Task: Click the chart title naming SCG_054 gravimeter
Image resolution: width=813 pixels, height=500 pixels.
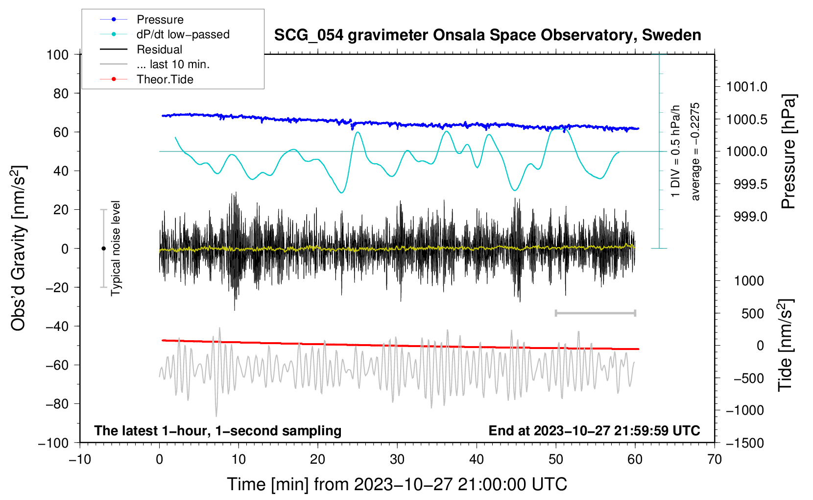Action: [487, 35]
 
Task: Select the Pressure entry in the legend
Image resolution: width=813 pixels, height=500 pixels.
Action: [142, 19]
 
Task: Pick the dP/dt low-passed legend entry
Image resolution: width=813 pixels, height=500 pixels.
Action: [165, 34]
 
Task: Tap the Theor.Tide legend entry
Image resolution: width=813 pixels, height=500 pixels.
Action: [146, 79]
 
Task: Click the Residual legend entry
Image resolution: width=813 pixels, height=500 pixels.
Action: [141, 50]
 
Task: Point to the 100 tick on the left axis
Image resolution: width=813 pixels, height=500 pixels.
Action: [58, 55]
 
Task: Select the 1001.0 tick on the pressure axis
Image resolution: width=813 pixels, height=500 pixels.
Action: [747, 87]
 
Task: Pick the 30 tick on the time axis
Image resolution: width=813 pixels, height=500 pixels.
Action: [397, 459]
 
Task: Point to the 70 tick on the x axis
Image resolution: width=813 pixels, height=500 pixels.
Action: [714, 459]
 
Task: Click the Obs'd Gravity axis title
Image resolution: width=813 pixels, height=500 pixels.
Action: [18, 248]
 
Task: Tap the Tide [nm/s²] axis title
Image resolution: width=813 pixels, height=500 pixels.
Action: [786, 345]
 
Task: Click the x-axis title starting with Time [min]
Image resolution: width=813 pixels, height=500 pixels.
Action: [397, 484]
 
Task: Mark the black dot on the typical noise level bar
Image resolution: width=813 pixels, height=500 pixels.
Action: [103, 249]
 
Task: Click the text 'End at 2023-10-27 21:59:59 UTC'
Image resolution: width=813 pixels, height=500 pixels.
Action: [594, 430]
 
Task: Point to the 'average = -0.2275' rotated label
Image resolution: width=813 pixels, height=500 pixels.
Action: [694, 151]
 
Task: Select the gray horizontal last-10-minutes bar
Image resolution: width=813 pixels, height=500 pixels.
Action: [595, 313]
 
